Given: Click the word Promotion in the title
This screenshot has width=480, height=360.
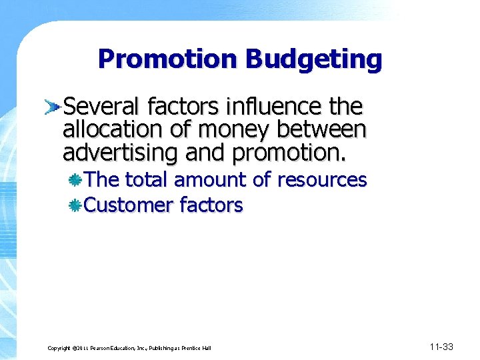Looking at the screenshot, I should coord(168,59).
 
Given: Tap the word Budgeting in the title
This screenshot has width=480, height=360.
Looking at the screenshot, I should coord(313,59).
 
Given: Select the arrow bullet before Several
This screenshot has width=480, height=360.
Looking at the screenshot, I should coord(53,105).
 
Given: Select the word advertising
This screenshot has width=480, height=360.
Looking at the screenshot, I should coord(121,153).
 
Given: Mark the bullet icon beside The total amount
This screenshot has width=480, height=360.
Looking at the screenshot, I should coord(76,180).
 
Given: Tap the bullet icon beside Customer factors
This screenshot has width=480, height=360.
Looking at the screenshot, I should coord(76,205).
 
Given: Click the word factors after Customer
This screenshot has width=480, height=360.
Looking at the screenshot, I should coord(212,205).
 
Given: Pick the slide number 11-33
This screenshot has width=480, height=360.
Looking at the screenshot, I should coord(441,347).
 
